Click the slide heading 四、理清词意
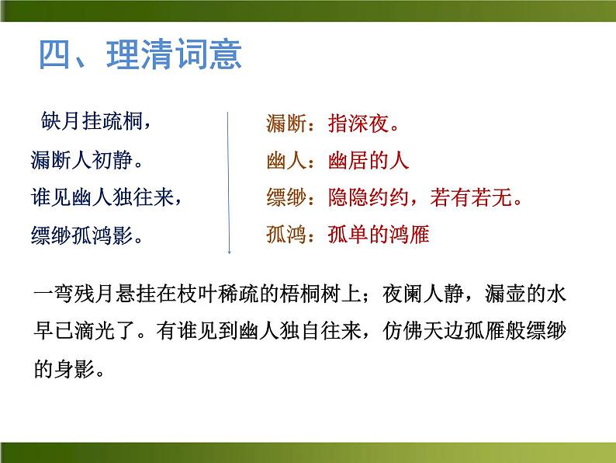tap(140, 56)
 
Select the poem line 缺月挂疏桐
tap(95, 122)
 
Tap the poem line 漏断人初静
tap(87, 160)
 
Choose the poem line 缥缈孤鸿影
tap(87, 235)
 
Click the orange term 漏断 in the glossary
tap(285, 123)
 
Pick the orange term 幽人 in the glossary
tap(285, 161)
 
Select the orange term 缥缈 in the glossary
tap(285, 198)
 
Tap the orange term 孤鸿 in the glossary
tap(285, 235)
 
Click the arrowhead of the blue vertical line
tap(229, 251)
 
